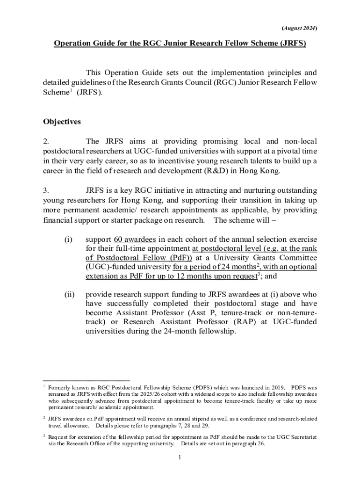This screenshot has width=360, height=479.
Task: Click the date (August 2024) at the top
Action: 299,28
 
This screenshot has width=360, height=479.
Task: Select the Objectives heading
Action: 62,122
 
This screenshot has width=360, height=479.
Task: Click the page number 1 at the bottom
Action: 180,457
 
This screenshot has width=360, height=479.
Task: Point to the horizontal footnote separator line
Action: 86,380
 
